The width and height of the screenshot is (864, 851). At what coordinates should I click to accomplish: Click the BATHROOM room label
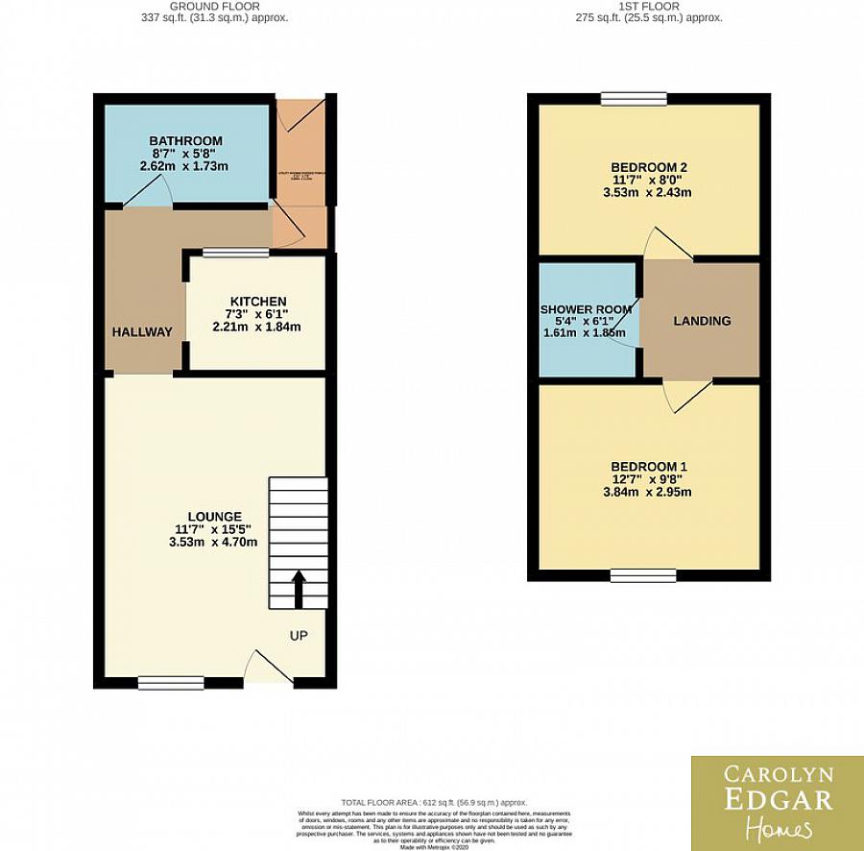coord(185,141)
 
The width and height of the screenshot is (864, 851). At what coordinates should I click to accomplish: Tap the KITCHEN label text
coord(256,301)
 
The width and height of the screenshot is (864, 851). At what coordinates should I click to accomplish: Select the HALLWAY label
coord(141,332)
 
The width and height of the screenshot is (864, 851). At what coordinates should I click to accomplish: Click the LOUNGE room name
coord(215,516)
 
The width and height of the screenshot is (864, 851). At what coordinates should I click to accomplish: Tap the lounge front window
coord(171,683)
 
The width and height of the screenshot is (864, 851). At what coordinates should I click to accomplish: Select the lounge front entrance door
coord(269,669)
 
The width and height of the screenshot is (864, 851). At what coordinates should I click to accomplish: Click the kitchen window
coord(235,253)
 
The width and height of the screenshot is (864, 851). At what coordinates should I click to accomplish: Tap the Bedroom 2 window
coord(634,98)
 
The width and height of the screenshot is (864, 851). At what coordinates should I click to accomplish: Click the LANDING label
coord(702,321)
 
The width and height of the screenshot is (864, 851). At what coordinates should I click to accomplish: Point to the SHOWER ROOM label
coord(586,309)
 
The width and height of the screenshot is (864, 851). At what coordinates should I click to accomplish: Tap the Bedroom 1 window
coord(642,575)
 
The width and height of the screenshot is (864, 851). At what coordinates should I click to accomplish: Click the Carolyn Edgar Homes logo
coord(777,803)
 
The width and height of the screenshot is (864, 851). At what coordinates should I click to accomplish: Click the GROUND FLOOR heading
coord(215,6)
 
